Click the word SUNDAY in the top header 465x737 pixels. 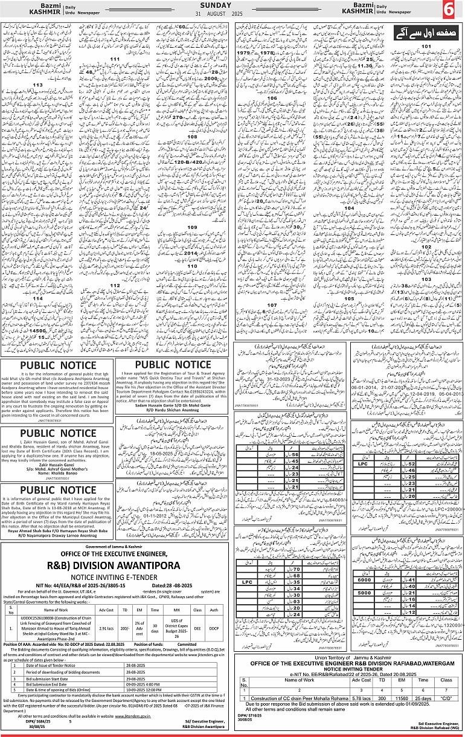[232, 4]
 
